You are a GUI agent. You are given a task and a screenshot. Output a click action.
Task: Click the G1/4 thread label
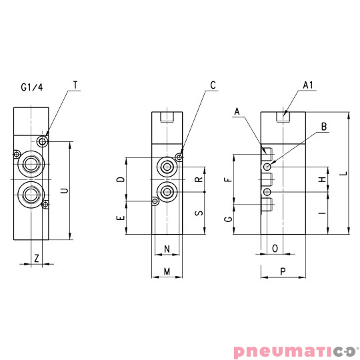(x=32, y=87)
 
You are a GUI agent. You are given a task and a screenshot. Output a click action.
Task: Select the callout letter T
(x=75, y=85)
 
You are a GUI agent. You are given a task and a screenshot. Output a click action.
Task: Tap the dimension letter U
(x=64, y=190)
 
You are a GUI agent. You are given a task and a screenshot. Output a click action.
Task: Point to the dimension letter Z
(x=37, y=257)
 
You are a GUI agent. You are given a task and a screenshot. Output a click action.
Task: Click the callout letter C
(x=213, y=85)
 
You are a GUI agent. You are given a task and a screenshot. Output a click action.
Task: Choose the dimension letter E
(x=120, y=218)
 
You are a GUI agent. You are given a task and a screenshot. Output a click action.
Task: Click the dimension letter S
(x=198, y=213)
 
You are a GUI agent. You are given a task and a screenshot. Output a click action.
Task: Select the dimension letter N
(x=167, y=249)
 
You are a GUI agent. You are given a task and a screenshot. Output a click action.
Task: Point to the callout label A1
(x=308, y=85)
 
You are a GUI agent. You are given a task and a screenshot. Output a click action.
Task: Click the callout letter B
(x=323, y=126)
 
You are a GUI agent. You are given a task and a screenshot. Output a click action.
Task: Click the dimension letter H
(x=322, y=180)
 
